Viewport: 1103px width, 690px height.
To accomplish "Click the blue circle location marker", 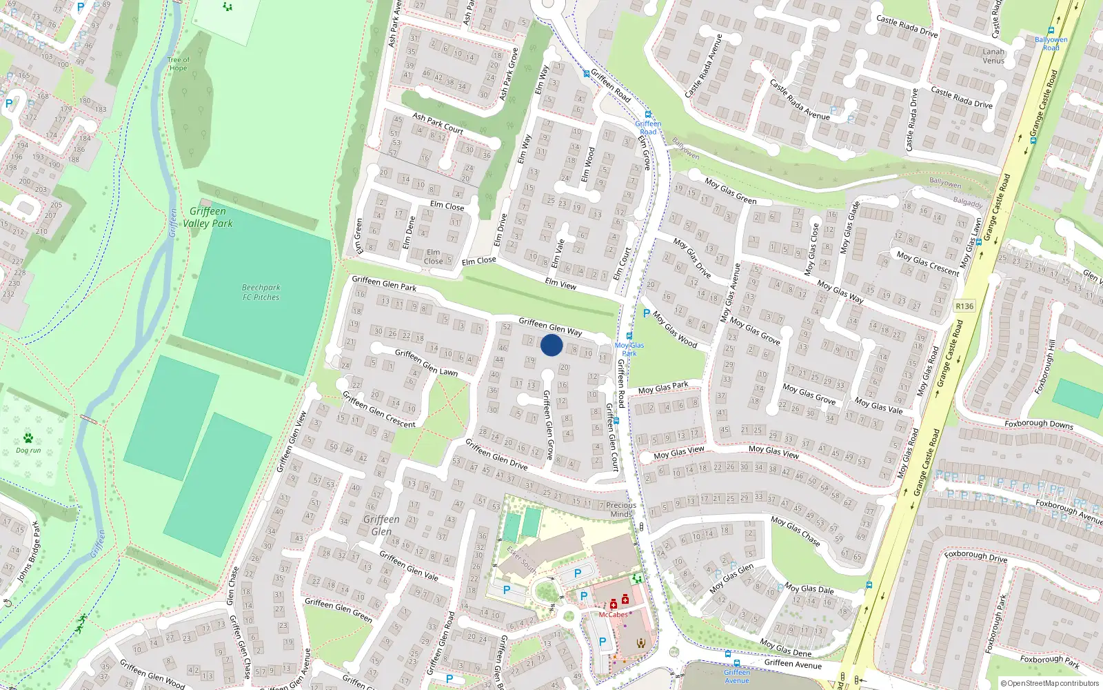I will tap(551, 345).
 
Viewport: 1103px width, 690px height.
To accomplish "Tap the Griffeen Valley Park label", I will tap(208, 217).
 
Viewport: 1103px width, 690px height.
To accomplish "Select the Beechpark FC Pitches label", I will tap(261, 293).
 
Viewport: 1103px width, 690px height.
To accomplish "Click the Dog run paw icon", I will tap(28, 438).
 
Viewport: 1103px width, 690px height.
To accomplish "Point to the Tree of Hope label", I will tap(178, 64).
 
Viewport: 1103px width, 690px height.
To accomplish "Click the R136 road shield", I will tap(964, 306).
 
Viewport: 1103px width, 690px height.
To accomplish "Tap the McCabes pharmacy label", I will tap(613, 614).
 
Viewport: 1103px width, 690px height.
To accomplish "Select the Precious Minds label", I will tap(621, 509).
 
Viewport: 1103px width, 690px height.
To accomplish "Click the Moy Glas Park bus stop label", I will tap(629, 349).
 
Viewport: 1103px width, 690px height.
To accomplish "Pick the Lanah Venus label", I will tap(993, 56).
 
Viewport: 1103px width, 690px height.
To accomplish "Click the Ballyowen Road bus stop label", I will tap(1051, 43).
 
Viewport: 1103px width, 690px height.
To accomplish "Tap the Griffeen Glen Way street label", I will tap(550, 326).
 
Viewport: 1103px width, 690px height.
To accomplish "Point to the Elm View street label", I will tap(560, 283).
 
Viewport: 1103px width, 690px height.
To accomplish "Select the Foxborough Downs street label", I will tap(1038, 424).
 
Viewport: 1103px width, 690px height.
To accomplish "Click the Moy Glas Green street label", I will tap(730, 191).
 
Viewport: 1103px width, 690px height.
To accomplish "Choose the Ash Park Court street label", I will tap(438, 123).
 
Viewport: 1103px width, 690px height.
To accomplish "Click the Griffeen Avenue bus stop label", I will tap(737, 676).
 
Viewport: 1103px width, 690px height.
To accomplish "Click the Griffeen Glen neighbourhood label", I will tap(381, 525).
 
